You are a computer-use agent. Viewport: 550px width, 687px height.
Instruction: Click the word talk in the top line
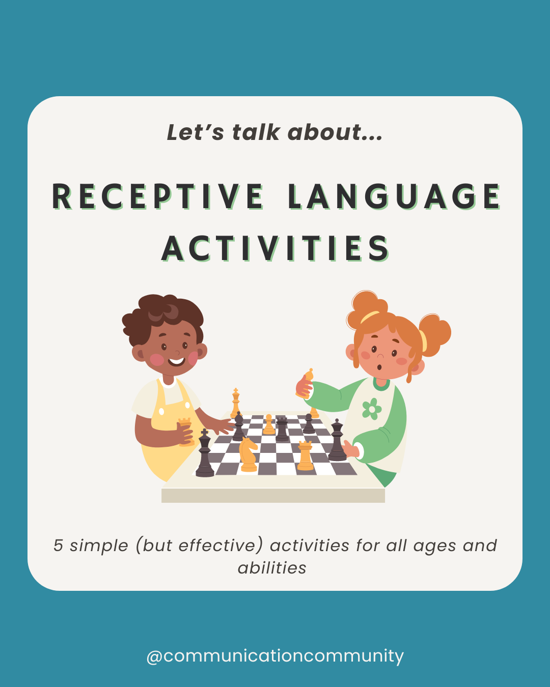tap(256, 132)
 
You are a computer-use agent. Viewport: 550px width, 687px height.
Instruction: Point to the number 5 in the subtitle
tap(58, 546)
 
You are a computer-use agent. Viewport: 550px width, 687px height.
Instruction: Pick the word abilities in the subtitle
tap(272, 568)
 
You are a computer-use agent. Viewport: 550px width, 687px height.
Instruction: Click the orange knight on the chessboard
tap(248, 454)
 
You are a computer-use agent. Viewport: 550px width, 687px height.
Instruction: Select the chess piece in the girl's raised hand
tap(308, 379)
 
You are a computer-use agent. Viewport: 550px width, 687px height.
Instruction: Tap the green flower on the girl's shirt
tap(372, 409)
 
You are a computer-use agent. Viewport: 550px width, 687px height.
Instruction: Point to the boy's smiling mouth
tap(176, 362)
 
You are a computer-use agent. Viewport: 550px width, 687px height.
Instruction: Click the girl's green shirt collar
tap(381, 383)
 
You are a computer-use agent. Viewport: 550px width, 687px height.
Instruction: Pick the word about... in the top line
tap(335, 132)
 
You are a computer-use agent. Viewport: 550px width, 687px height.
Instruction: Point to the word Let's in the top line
tap(195, 132)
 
